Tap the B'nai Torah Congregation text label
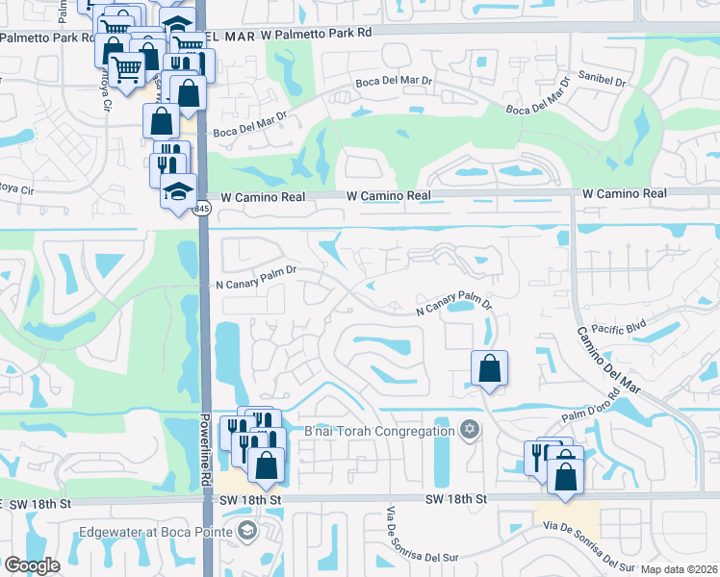pyautogui.click(x=378, y=430)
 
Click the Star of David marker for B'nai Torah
pyautogui.click(x=470, y=430)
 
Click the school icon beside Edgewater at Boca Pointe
pyautogui.click(x=247, y=532)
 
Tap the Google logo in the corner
pyautogui.click(x=33, y=564)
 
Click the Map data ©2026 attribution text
pyautogui.click(x=679, y=569)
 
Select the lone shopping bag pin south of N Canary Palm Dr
pyautogui.click(x=490, y=367)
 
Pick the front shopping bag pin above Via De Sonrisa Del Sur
pyautogui.click(x=566, y=474)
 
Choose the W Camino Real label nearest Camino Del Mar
pyautogui.click(x=624, y=194)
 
